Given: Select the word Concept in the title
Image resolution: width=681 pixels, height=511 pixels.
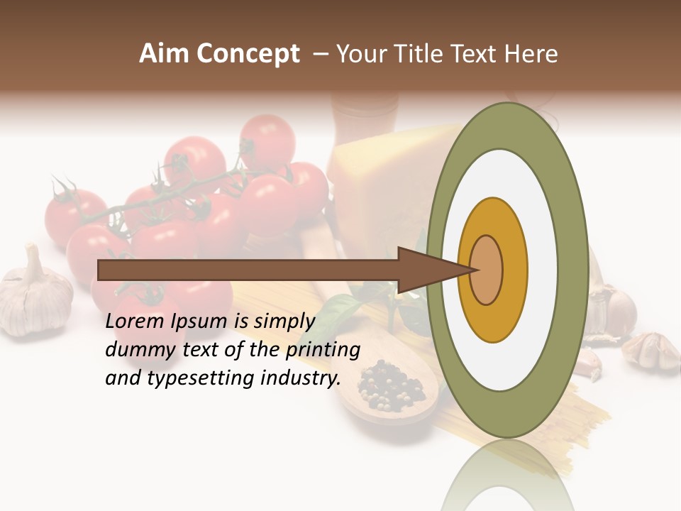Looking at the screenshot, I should tap(247, 54).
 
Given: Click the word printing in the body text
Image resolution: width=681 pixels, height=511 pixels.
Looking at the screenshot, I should tap(322, 350).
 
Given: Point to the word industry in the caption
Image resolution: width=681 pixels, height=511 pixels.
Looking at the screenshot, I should tap(299, 378).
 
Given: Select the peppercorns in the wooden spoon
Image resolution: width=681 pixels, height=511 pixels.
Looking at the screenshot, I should tap(390, 387).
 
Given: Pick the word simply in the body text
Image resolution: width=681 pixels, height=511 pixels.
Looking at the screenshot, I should tap(284, 322).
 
